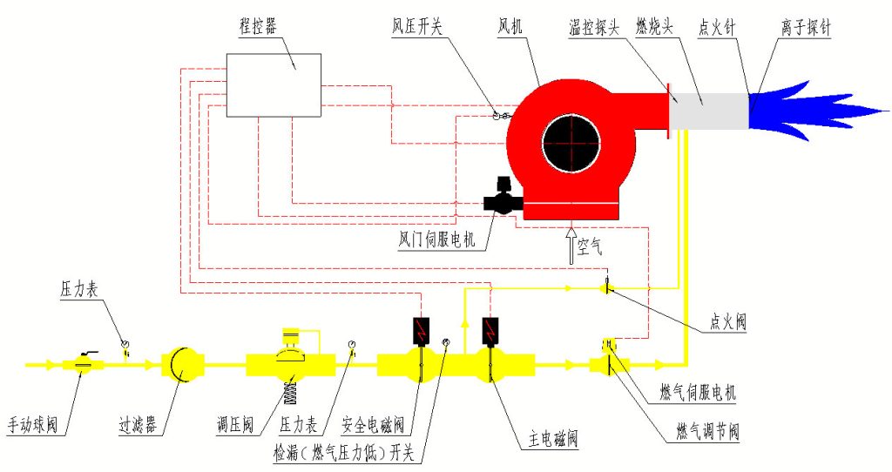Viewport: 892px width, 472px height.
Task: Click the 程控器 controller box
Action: click(x=273, y=84)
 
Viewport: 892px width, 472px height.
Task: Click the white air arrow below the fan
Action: click(x=571, y=245)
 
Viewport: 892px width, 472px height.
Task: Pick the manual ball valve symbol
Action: click(x=84, y=364)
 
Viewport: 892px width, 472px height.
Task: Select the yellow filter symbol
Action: click(x=182, y=363)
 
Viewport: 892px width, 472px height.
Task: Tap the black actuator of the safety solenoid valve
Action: click(x=422, y=329)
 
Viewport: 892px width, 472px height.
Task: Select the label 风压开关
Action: click(x=416, y=27)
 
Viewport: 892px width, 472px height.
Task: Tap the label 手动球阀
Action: click(x=32, y=427)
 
